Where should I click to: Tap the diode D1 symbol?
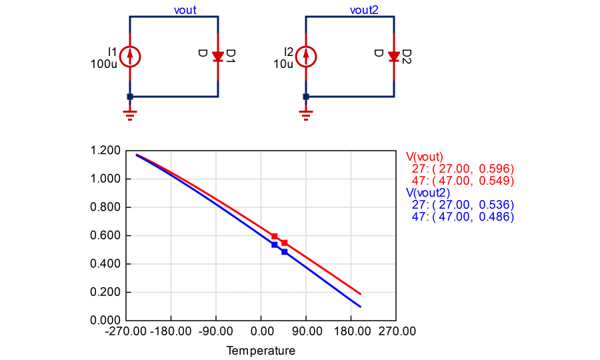218,57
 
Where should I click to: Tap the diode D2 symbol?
394,57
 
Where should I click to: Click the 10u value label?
283,65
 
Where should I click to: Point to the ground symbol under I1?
130,115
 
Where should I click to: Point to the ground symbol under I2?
306,115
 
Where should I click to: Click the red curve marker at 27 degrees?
274,236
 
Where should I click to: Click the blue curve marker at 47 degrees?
284,252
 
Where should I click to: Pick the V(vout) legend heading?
425,157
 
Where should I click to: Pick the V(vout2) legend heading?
427,193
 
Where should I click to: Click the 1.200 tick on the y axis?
103,151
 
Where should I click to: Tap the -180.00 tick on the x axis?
171,331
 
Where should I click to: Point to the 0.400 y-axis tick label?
103,264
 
